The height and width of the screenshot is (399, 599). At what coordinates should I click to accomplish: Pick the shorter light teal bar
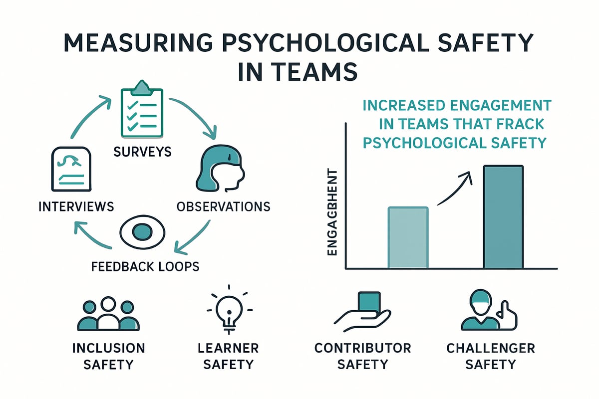tap(408, 238)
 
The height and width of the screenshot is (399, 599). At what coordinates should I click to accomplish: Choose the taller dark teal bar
tap(503, 217)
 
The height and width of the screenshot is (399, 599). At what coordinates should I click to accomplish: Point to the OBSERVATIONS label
tap(224, 206)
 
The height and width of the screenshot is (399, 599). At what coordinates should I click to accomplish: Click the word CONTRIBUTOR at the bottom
tap(363, 347)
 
